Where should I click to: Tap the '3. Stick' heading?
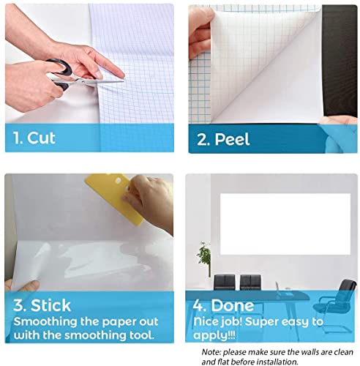pyautogui.click(x=42, y=305)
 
